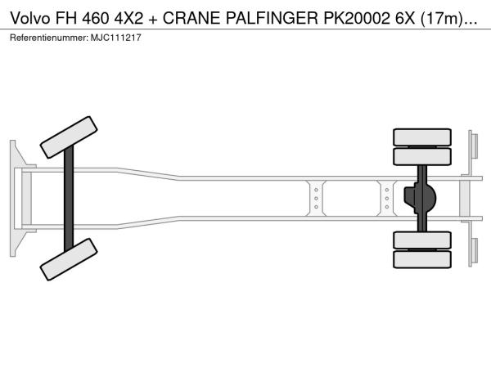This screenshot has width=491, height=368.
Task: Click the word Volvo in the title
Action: pos(29,19)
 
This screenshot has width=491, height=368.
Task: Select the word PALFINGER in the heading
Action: pos(272,19)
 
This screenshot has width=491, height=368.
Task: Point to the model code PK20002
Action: pos(357,19)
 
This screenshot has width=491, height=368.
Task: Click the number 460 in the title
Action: pos(97,19)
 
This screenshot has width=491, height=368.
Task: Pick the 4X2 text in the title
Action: pos(128,19)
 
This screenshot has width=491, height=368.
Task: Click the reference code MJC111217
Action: pos(116,38)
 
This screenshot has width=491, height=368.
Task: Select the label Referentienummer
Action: pos(49,38)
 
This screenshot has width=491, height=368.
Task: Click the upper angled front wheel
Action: pos(69,137)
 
